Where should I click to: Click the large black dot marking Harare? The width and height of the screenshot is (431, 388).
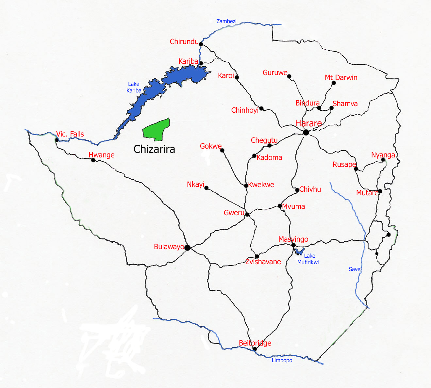coord(306,132)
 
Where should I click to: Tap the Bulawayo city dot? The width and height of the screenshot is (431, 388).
coord(187,248)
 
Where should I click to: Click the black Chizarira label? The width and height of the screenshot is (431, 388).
coord(154,149)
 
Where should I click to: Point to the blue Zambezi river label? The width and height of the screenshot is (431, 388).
coord(226,21)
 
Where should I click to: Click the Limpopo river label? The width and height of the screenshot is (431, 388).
coord(282,360)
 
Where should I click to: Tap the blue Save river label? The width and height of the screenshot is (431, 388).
coord(355,269)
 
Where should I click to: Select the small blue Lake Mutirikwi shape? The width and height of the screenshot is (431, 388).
coord(299,251)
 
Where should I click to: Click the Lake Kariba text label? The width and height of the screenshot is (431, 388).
coord(134,87)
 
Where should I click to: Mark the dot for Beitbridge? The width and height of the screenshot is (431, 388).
coord(255,349)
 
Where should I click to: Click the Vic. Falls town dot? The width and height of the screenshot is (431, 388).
coord(57,140)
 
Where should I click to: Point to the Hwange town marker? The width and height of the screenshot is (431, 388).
coord(93,160)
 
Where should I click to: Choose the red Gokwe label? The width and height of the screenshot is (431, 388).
coord(211,146)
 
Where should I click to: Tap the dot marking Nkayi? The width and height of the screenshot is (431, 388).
coord(206,188)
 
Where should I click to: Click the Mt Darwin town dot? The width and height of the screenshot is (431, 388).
coord(334,83)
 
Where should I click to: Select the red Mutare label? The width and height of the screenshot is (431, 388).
coord(367,193)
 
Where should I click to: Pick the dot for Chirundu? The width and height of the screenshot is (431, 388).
coord(201,44)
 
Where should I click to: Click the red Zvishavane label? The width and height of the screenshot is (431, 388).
coord(263,262)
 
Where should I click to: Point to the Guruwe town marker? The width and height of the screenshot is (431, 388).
coord(289,76)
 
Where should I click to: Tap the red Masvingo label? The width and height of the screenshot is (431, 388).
coord(293,239)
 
